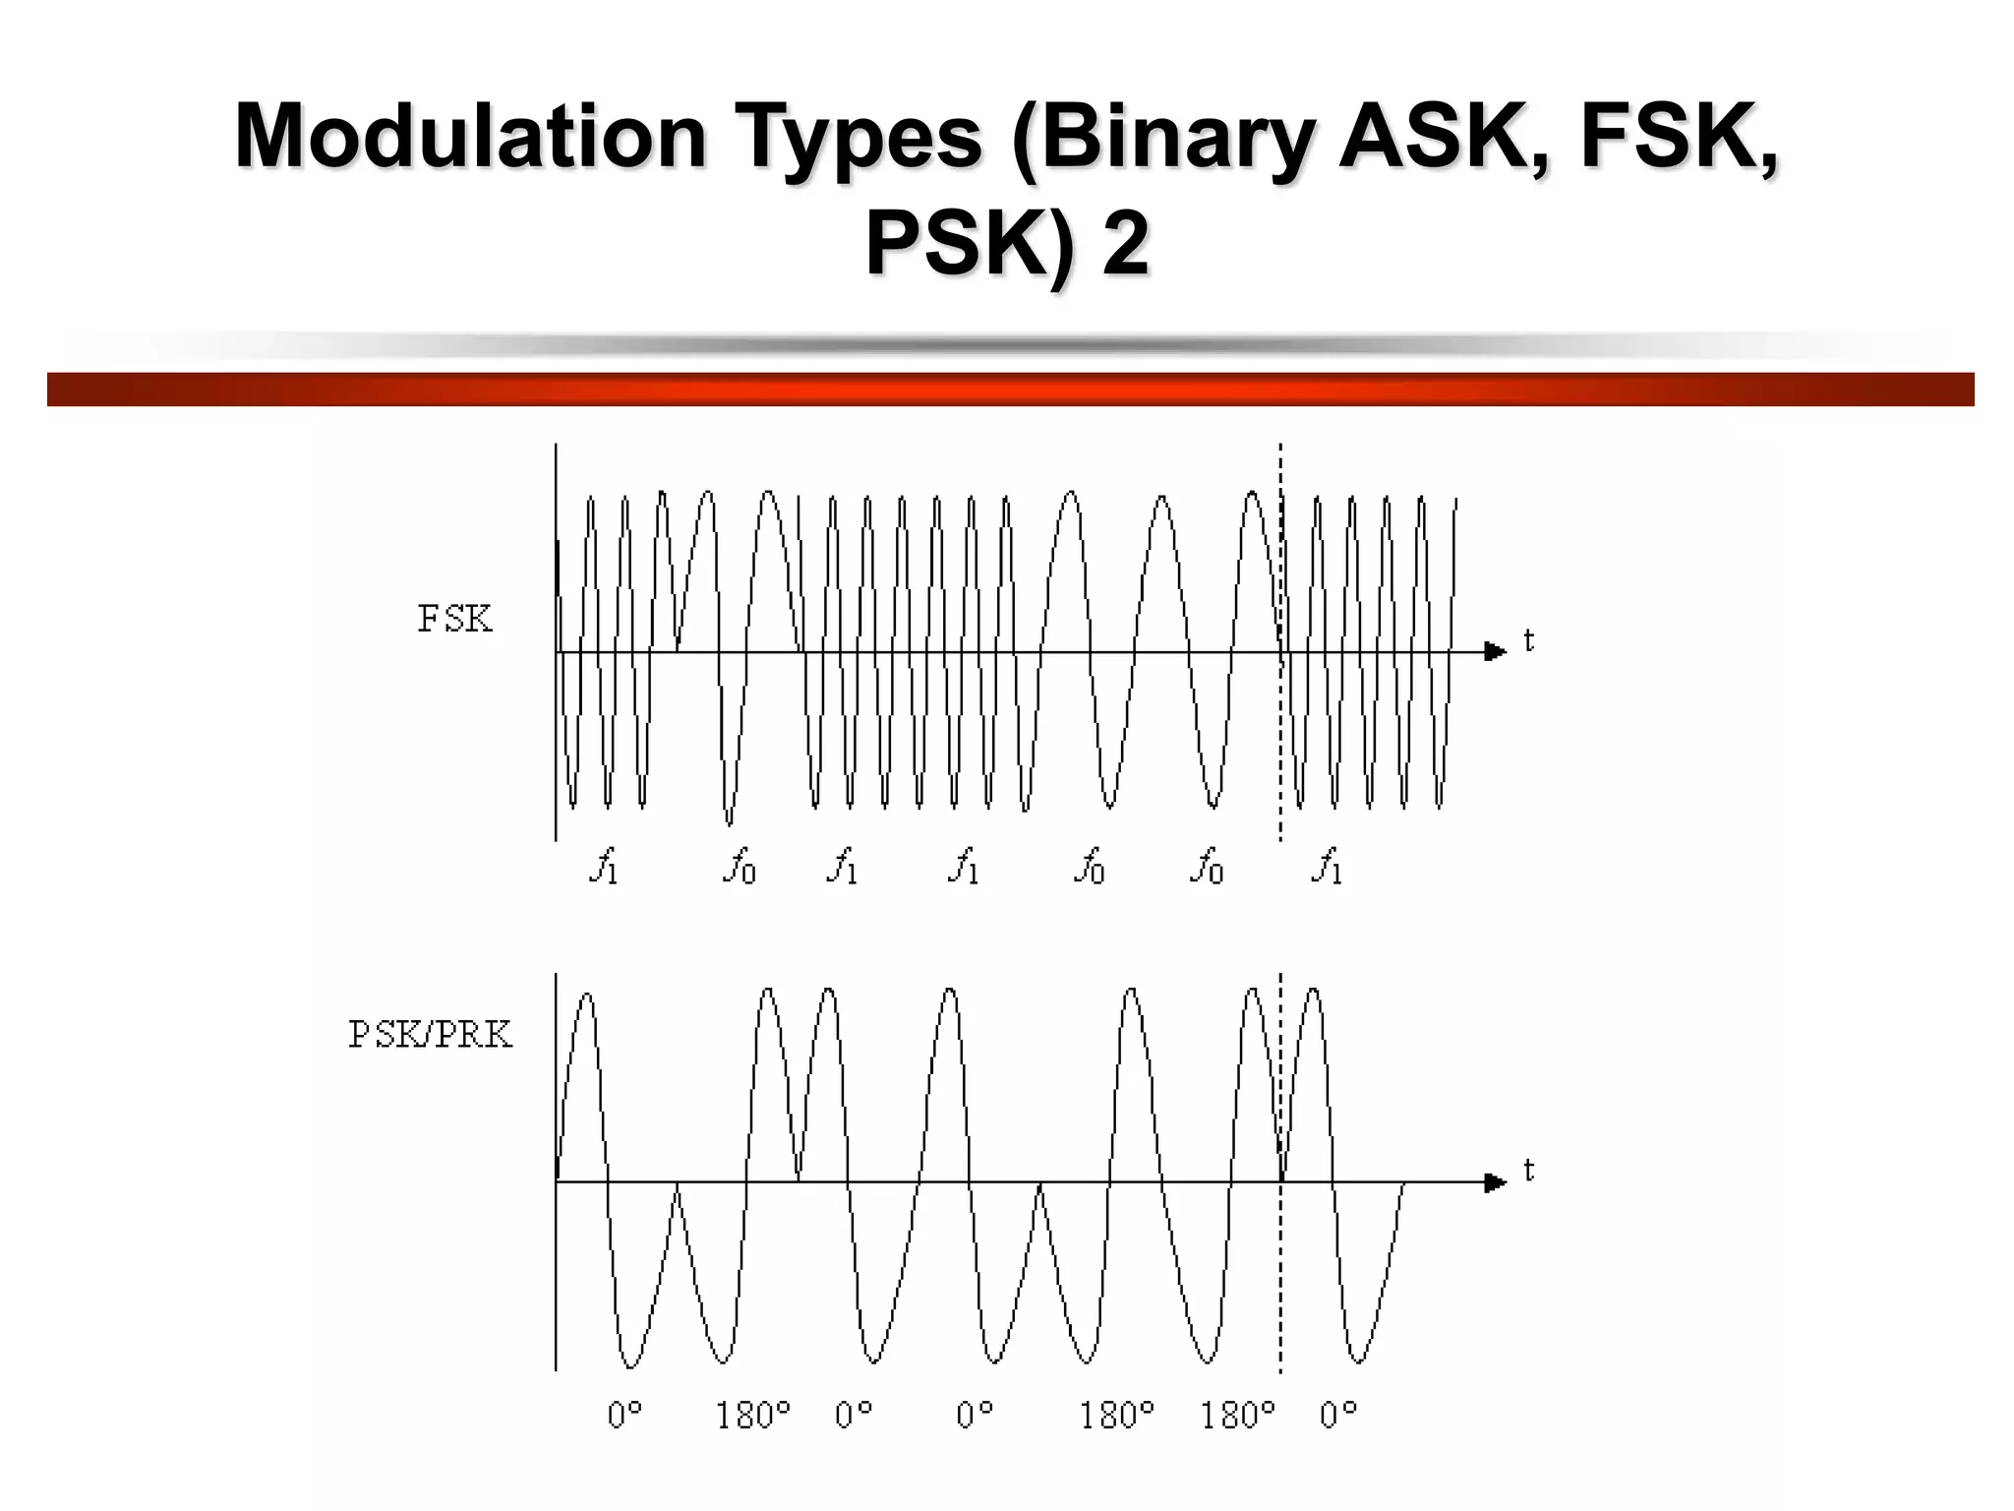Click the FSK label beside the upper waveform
click(454, 620)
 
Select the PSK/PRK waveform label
click(431, 1035)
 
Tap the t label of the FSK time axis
click(1528, 641)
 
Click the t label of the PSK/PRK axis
click(1528, 1171)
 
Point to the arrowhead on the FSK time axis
click(1495, 651)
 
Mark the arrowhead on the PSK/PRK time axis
click(1495, 1181)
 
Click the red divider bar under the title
click(1010, 389)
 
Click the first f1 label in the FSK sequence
click(604, 867)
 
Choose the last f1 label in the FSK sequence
click(1327, 867)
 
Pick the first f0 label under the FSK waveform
click(740, 867)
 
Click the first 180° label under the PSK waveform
click(752, 1416)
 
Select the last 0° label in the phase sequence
click(1338, 1416)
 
